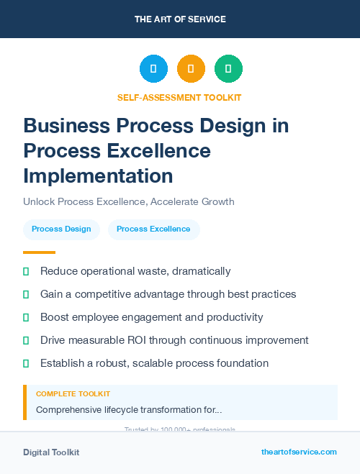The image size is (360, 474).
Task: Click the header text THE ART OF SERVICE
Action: tap(180, 19)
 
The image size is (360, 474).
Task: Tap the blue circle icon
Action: tap(153, 69)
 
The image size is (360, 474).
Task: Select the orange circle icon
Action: tap(191, 69)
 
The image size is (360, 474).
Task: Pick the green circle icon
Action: tap(228, 69)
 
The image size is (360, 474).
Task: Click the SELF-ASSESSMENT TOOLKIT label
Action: tap(179, 97)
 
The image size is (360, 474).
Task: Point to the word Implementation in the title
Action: tap(98, 176)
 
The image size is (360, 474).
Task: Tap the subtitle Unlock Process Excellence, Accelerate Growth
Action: tap(129, 201)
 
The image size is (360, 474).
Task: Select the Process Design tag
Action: tap(61, 229)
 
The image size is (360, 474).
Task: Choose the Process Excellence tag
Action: tap(153, 229)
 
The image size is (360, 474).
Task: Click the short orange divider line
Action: tap(39, 252)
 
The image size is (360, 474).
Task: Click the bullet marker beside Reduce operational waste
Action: tap(26, 271)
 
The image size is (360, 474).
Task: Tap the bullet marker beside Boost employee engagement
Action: tap(26, 317)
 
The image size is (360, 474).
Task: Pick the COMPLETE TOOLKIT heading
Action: tap(73, 394)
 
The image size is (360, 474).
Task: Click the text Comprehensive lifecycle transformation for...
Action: tap(129, 410)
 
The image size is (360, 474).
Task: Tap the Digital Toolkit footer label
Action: tap(51, 452)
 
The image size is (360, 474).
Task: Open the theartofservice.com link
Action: tap(299, 452)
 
